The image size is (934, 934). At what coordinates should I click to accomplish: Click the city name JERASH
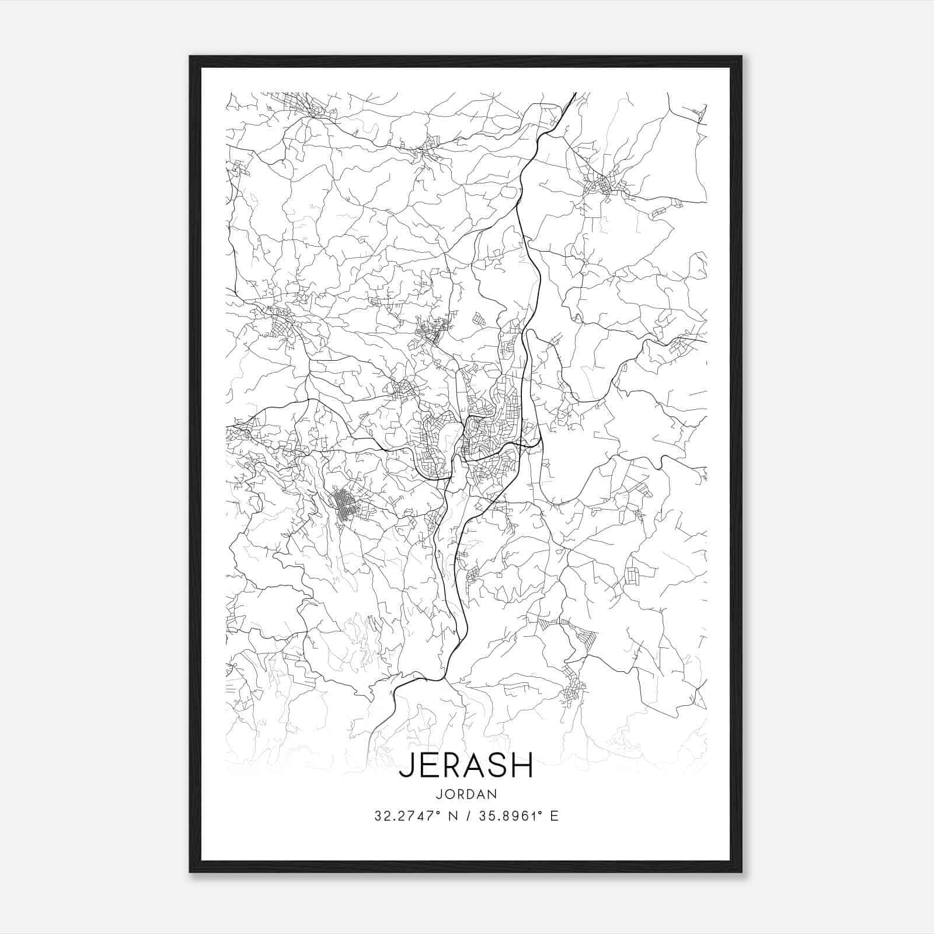466,765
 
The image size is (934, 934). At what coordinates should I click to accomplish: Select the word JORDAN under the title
466,794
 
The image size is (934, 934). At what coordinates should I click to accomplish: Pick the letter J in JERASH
405,766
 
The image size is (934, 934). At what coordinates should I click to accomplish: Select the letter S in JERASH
497,765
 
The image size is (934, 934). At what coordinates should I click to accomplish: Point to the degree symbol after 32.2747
437,813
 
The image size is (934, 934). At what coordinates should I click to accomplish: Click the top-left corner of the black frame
190,57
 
